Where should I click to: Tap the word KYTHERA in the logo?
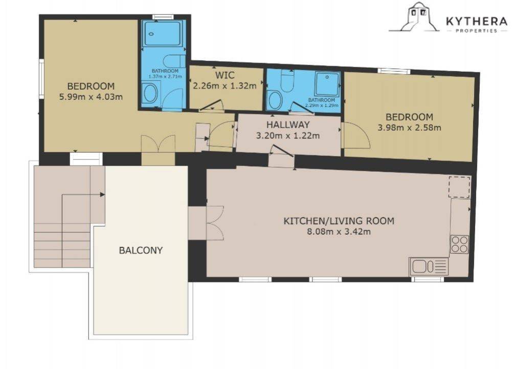click(x=477, y=22)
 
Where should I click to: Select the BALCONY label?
click(x=141, y=251)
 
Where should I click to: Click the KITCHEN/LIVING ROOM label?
click(x=339, y=220)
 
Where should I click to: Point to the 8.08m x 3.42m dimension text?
click(x=339, y=232)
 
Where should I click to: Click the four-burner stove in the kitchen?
click(x=459, y=244)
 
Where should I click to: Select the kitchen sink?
click(x=429, y=266)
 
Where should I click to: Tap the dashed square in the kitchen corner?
click(x=459, y=187)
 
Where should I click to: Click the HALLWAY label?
click(x=288, y=125)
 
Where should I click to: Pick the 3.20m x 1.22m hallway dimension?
click(x=288, y=136)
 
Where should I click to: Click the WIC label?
click(x=225, y=75)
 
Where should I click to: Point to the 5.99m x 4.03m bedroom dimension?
click(x=91, y=97)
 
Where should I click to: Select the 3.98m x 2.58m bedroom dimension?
click(x=409, y=128)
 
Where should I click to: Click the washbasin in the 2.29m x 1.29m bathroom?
click(x=275, y=100)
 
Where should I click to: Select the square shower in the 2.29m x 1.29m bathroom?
click(x=327, y=84)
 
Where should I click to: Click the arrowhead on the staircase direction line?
click(x=102, y=195)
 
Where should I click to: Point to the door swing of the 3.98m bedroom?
click(x=356, y=135)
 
